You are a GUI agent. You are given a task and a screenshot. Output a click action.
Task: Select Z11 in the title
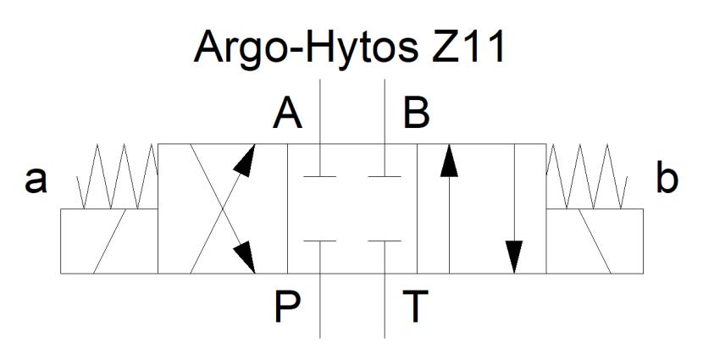[468, 47]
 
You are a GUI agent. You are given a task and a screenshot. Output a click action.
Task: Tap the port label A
[287, 114]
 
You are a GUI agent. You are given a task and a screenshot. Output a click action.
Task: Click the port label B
[417, 114]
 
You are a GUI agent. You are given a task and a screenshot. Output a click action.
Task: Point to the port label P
[287, 307]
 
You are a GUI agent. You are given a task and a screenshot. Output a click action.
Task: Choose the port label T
[416, 307]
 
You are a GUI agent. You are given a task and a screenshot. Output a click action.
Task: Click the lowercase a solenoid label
[36, 180]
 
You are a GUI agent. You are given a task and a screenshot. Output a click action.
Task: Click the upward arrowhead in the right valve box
[449, 160]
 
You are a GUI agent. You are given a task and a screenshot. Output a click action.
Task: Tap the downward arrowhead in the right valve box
[514, 257]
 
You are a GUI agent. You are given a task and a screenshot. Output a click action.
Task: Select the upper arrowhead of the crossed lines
[246, 160]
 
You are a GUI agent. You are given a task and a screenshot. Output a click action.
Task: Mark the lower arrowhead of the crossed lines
[246, 257]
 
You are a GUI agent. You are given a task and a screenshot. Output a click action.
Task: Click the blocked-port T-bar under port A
[319, 177]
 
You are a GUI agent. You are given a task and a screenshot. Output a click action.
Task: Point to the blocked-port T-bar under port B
[385, 177]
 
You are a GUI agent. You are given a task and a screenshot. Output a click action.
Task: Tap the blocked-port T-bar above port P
[319, 241]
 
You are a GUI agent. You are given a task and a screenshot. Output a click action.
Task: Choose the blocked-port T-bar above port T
[385, 241]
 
